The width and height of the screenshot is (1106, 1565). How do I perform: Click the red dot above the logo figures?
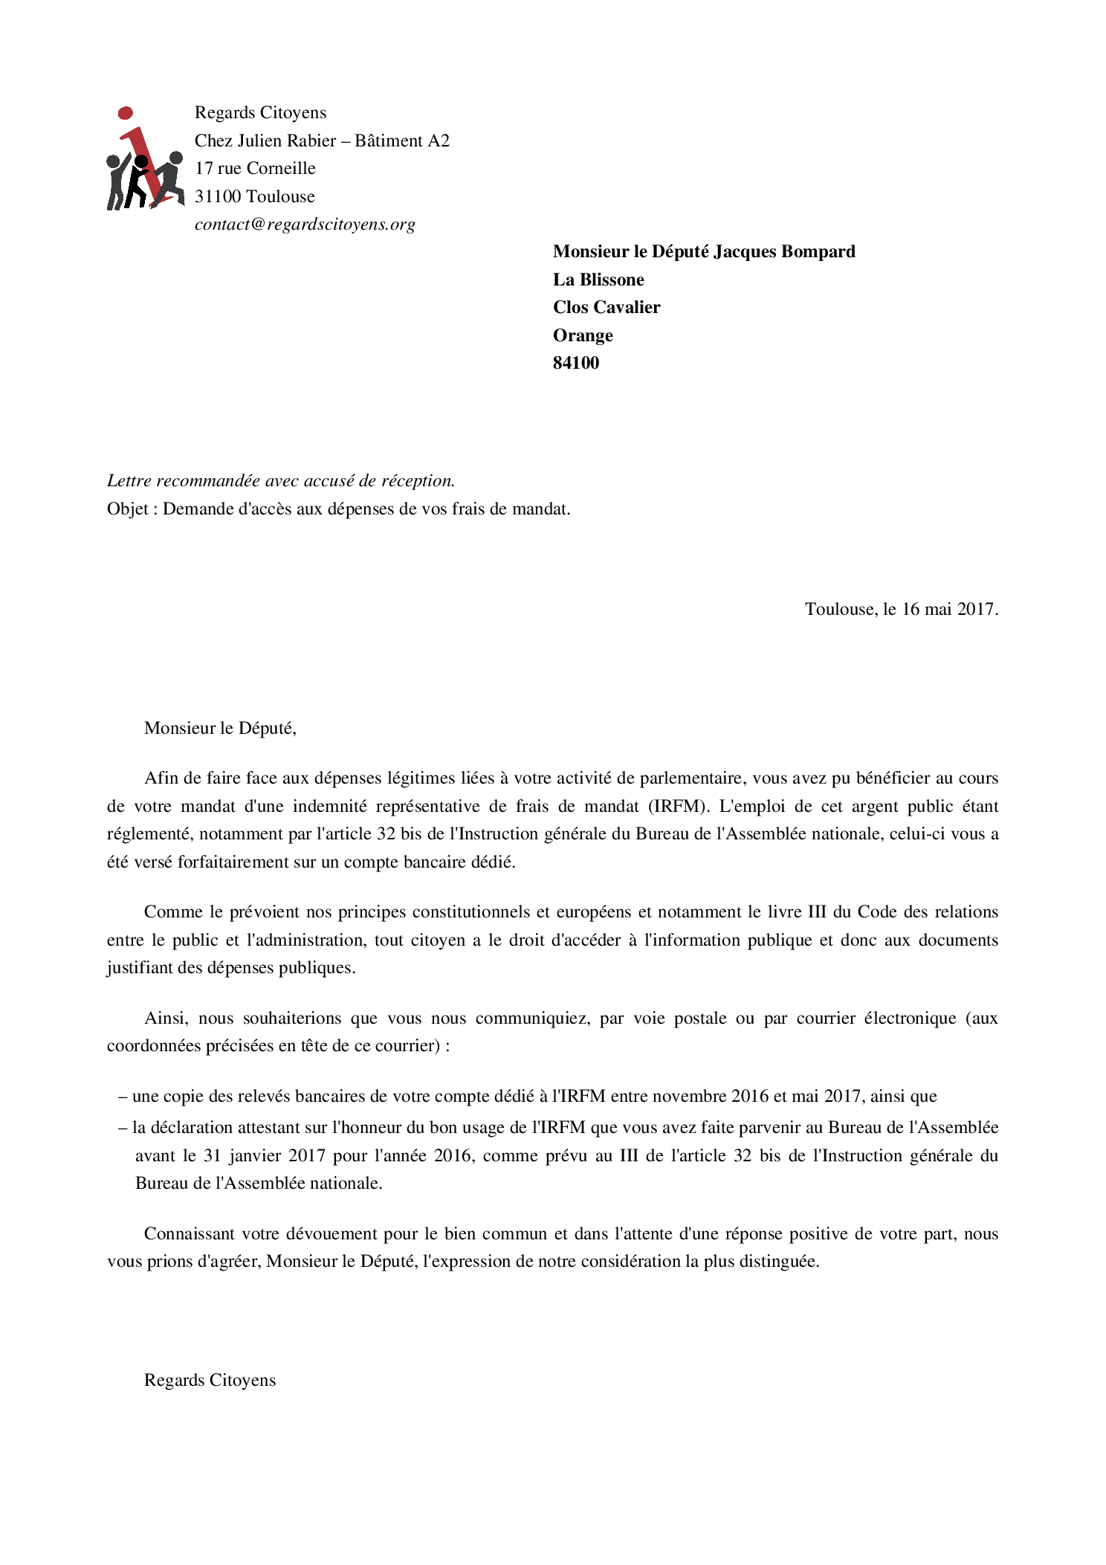(126, 113)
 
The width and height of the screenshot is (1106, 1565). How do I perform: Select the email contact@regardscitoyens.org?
(305, 225)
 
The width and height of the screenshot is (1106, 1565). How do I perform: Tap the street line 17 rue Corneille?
(255, 169)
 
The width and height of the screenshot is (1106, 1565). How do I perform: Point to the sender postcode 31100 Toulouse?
(255, 197)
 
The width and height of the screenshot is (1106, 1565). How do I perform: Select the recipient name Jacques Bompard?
(784, 252)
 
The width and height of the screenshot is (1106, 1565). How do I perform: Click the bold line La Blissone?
(598, 280)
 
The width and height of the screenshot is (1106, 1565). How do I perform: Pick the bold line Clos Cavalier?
(607, 308)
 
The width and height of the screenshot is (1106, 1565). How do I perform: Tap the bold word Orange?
(583, 336)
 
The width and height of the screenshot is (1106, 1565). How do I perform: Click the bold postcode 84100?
(576, 364)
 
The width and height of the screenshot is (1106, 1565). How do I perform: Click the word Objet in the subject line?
(128, 509)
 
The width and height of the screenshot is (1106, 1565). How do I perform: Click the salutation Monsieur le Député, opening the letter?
(220, 729)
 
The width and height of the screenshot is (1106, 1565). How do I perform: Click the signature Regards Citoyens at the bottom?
(210, 1381)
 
